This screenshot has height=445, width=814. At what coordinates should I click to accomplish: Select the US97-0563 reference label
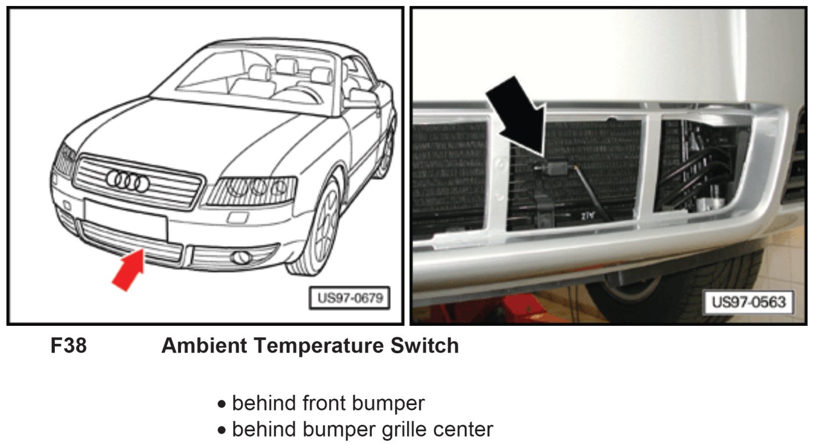point(749,301)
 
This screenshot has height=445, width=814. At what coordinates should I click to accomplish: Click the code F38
point(68,346)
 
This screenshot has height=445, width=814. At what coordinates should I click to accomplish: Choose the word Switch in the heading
point(428,346)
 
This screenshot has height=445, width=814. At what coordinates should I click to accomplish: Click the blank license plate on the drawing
point(126,218)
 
